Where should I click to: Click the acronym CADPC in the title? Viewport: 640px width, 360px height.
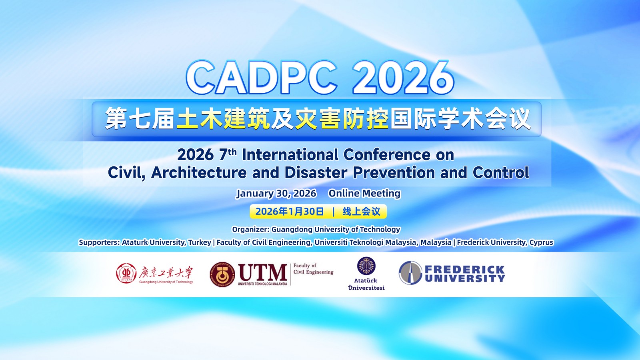click(262, 78)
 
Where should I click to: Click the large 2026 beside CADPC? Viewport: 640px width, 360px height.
click(403, 78)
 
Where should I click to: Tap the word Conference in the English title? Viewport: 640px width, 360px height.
click(386, 155)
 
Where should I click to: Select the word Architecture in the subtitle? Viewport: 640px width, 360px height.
click(199, 173)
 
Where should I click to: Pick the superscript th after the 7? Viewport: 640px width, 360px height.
click(232, 152)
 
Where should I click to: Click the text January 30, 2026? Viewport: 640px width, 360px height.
click(276, 194)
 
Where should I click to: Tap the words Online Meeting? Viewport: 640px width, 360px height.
click(364, 194)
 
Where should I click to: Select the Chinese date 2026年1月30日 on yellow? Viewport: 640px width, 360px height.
click(290, 212)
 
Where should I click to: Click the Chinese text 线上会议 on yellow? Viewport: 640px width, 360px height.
click(361, 212)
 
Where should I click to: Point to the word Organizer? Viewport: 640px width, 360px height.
click(250, 230)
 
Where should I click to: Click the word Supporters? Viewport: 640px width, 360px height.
click(99, 242)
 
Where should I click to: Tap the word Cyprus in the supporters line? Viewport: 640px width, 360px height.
click(541, 242)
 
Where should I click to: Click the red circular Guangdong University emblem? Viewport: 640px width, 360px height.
click(126, 274)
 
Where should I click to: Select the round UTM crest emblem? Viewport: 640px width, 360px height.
click(222, 275)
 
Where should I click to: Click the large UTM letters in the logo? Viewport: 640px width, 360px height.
click(262, 273)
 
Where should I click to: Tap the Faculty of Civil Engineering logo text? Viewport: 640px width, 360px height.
click(313, 269)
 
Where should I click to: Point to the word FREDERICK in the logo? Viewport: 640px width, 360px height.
click(464, 269)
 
